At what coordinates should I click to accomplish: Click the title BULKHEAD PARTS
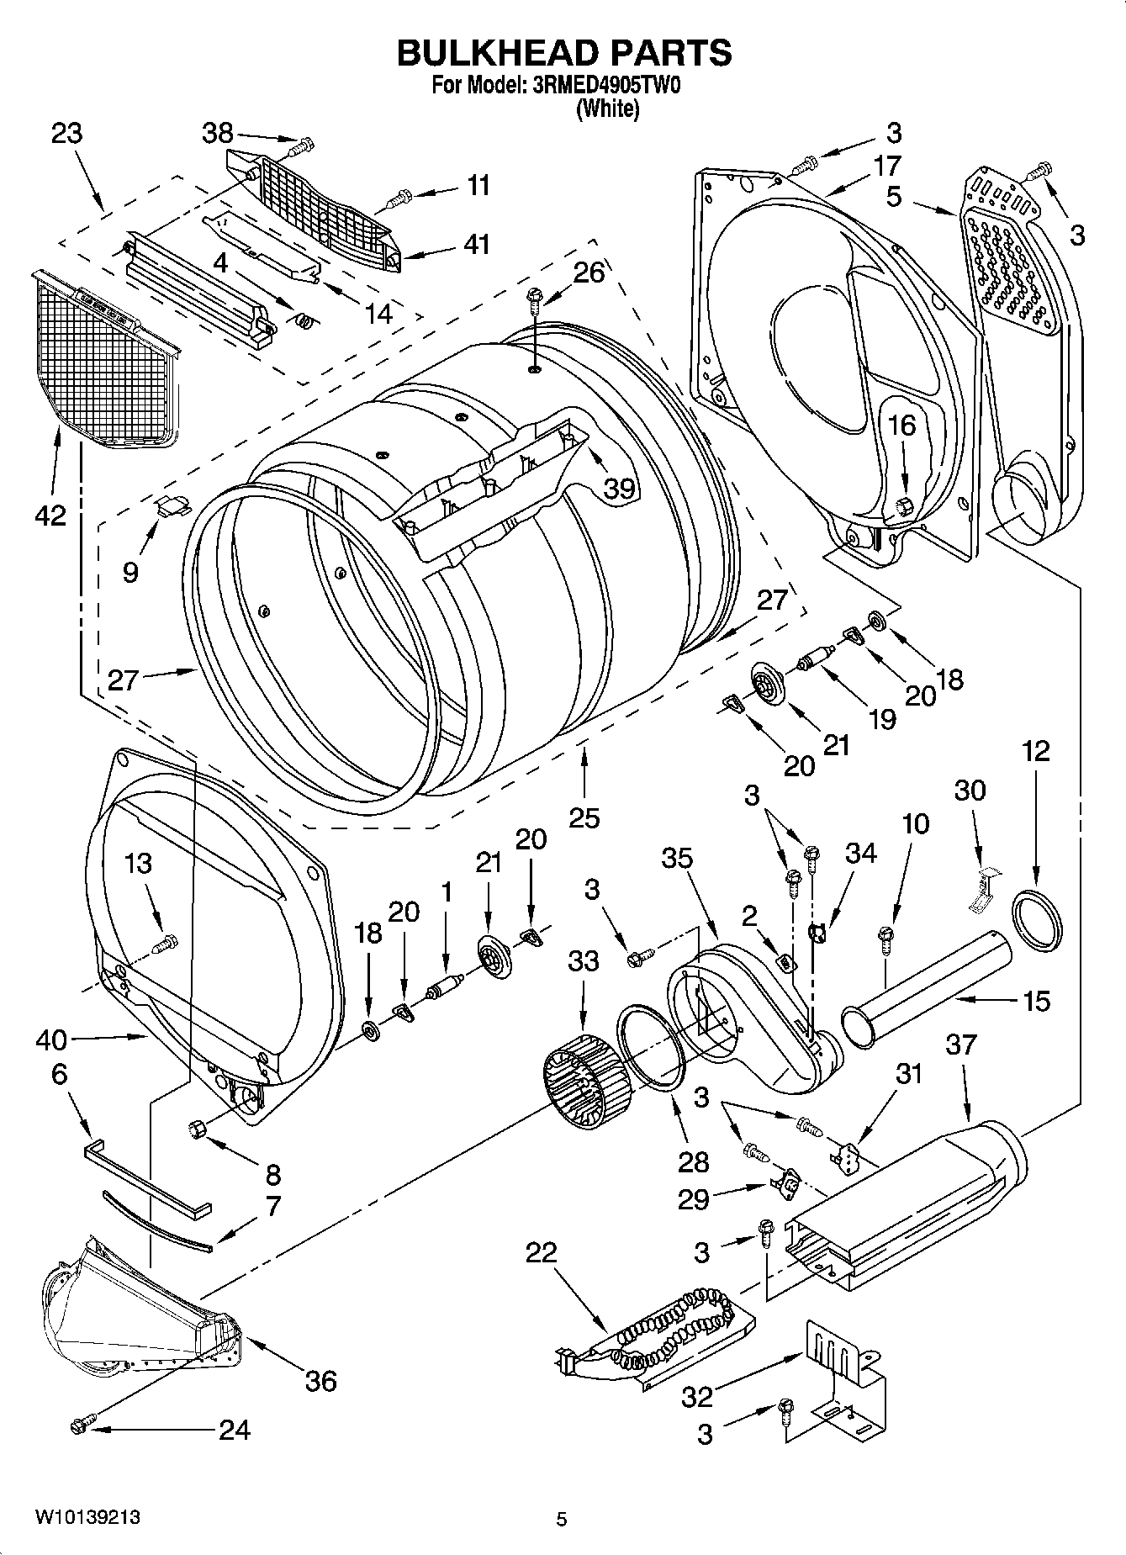tap(563, 53)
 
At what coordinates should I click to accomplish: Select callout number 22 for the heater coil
tap(542, 1253)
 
